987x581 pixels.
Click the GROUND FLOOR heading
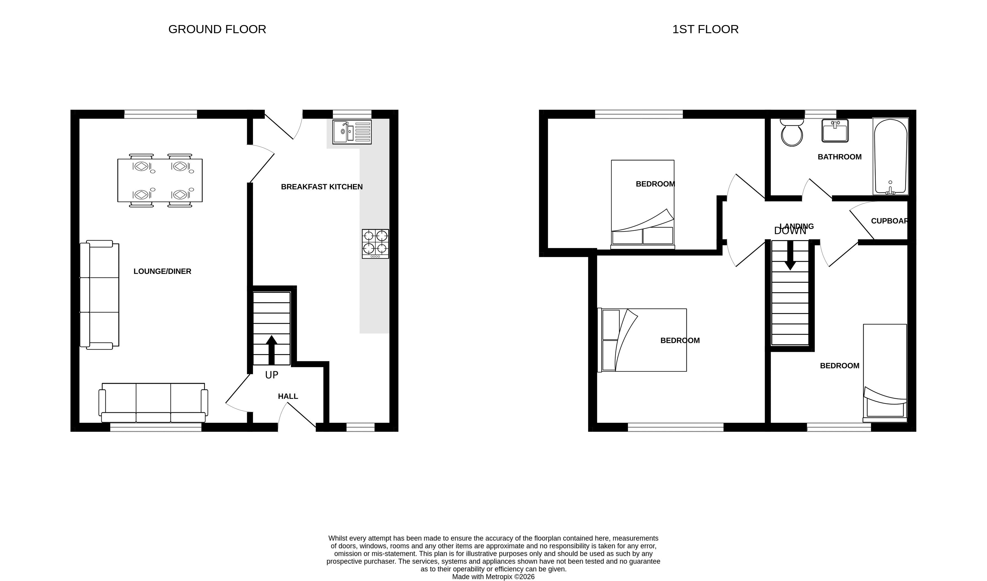217,29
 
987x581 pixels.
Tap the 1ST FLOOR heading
705,29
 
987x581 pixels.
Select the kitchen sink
352,132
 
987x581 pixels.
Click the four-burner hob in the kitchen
375,244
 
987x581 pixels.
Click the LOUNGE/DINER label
162,271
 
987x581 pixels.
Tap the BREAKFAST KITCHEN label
322,187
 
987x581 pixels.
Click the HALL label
288,396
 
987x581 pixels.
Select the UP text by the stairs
272,375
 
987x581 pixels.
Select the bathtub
890,157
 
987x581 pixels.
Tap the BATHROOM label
839,157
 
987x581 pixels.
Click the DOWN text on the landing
790,231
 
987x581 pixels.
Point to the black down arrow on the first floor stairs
790,255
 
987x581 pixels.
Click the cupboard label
889,221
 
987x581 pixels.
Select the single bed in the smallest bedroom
885,373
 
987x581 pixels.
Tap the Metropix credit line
493,577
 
